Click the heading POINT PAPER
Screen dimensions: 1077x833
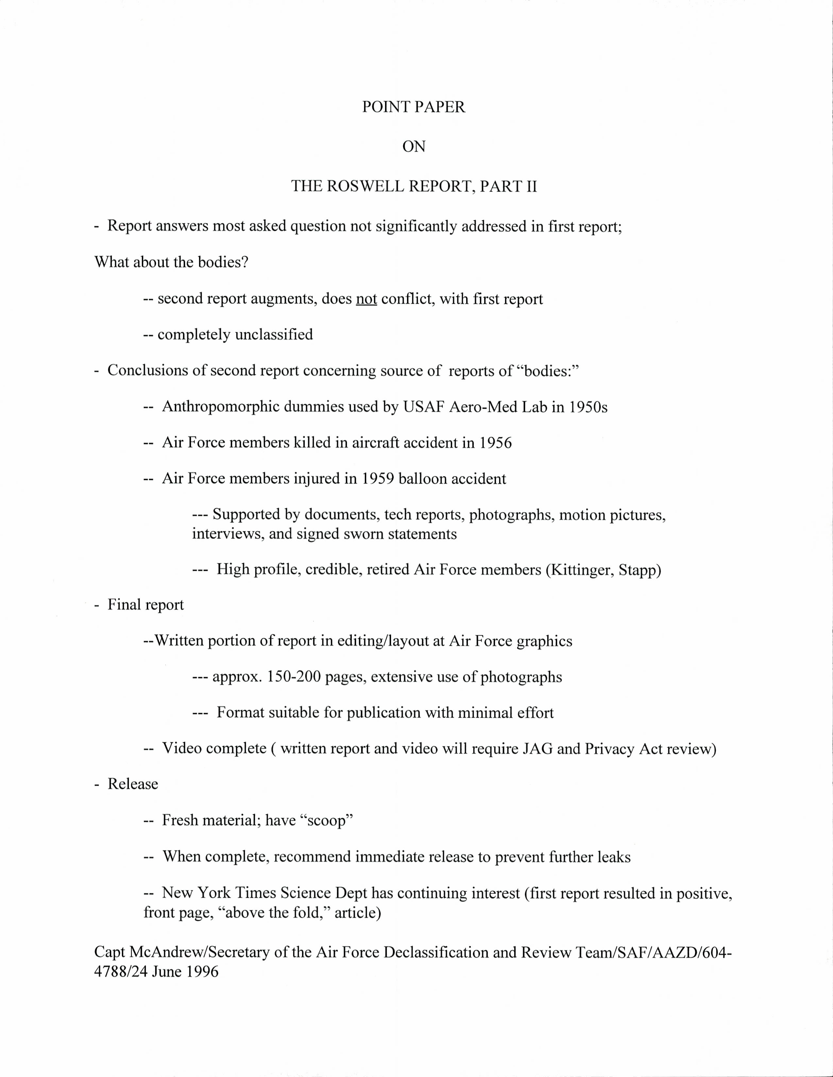413,107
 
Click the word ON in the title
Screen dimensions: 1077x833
413,146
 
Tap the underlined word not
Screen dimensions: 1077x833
366,299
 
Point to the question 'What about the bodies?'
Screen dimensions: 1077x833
171,262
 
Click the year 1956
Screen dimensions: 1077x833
495,443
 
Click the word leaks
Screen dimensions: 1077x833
614,857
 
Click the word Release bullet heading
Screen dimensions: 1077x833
133,784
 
